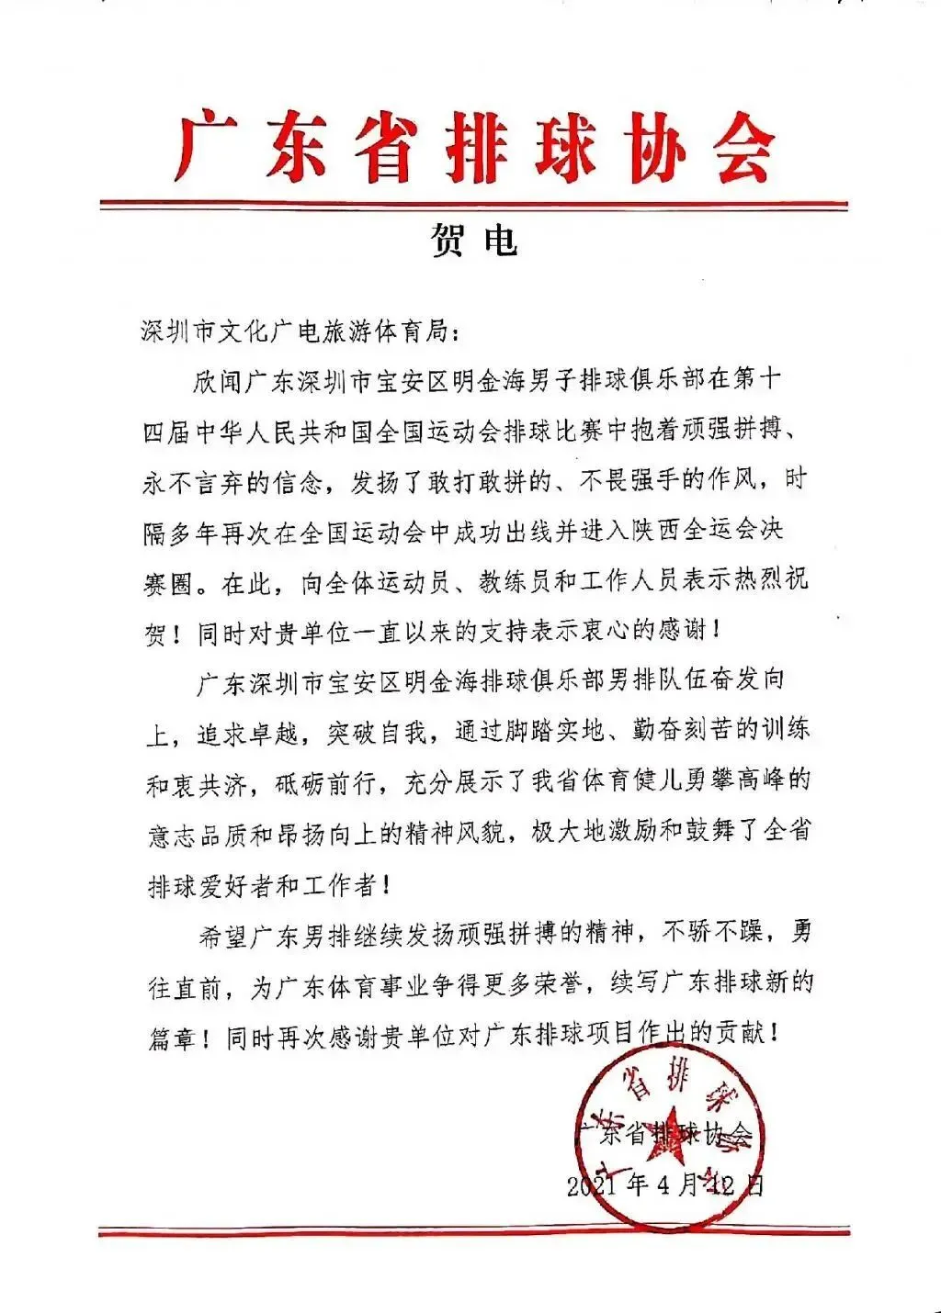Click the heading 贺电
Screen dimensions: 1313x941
point(473,240)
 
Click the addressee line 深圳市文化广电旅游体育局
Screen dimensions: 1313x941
point(297,331)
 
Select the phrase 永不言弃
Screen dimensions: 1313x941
point(194,482)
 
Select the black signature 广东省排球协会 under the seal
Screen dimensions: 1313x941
point(663,1134)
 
